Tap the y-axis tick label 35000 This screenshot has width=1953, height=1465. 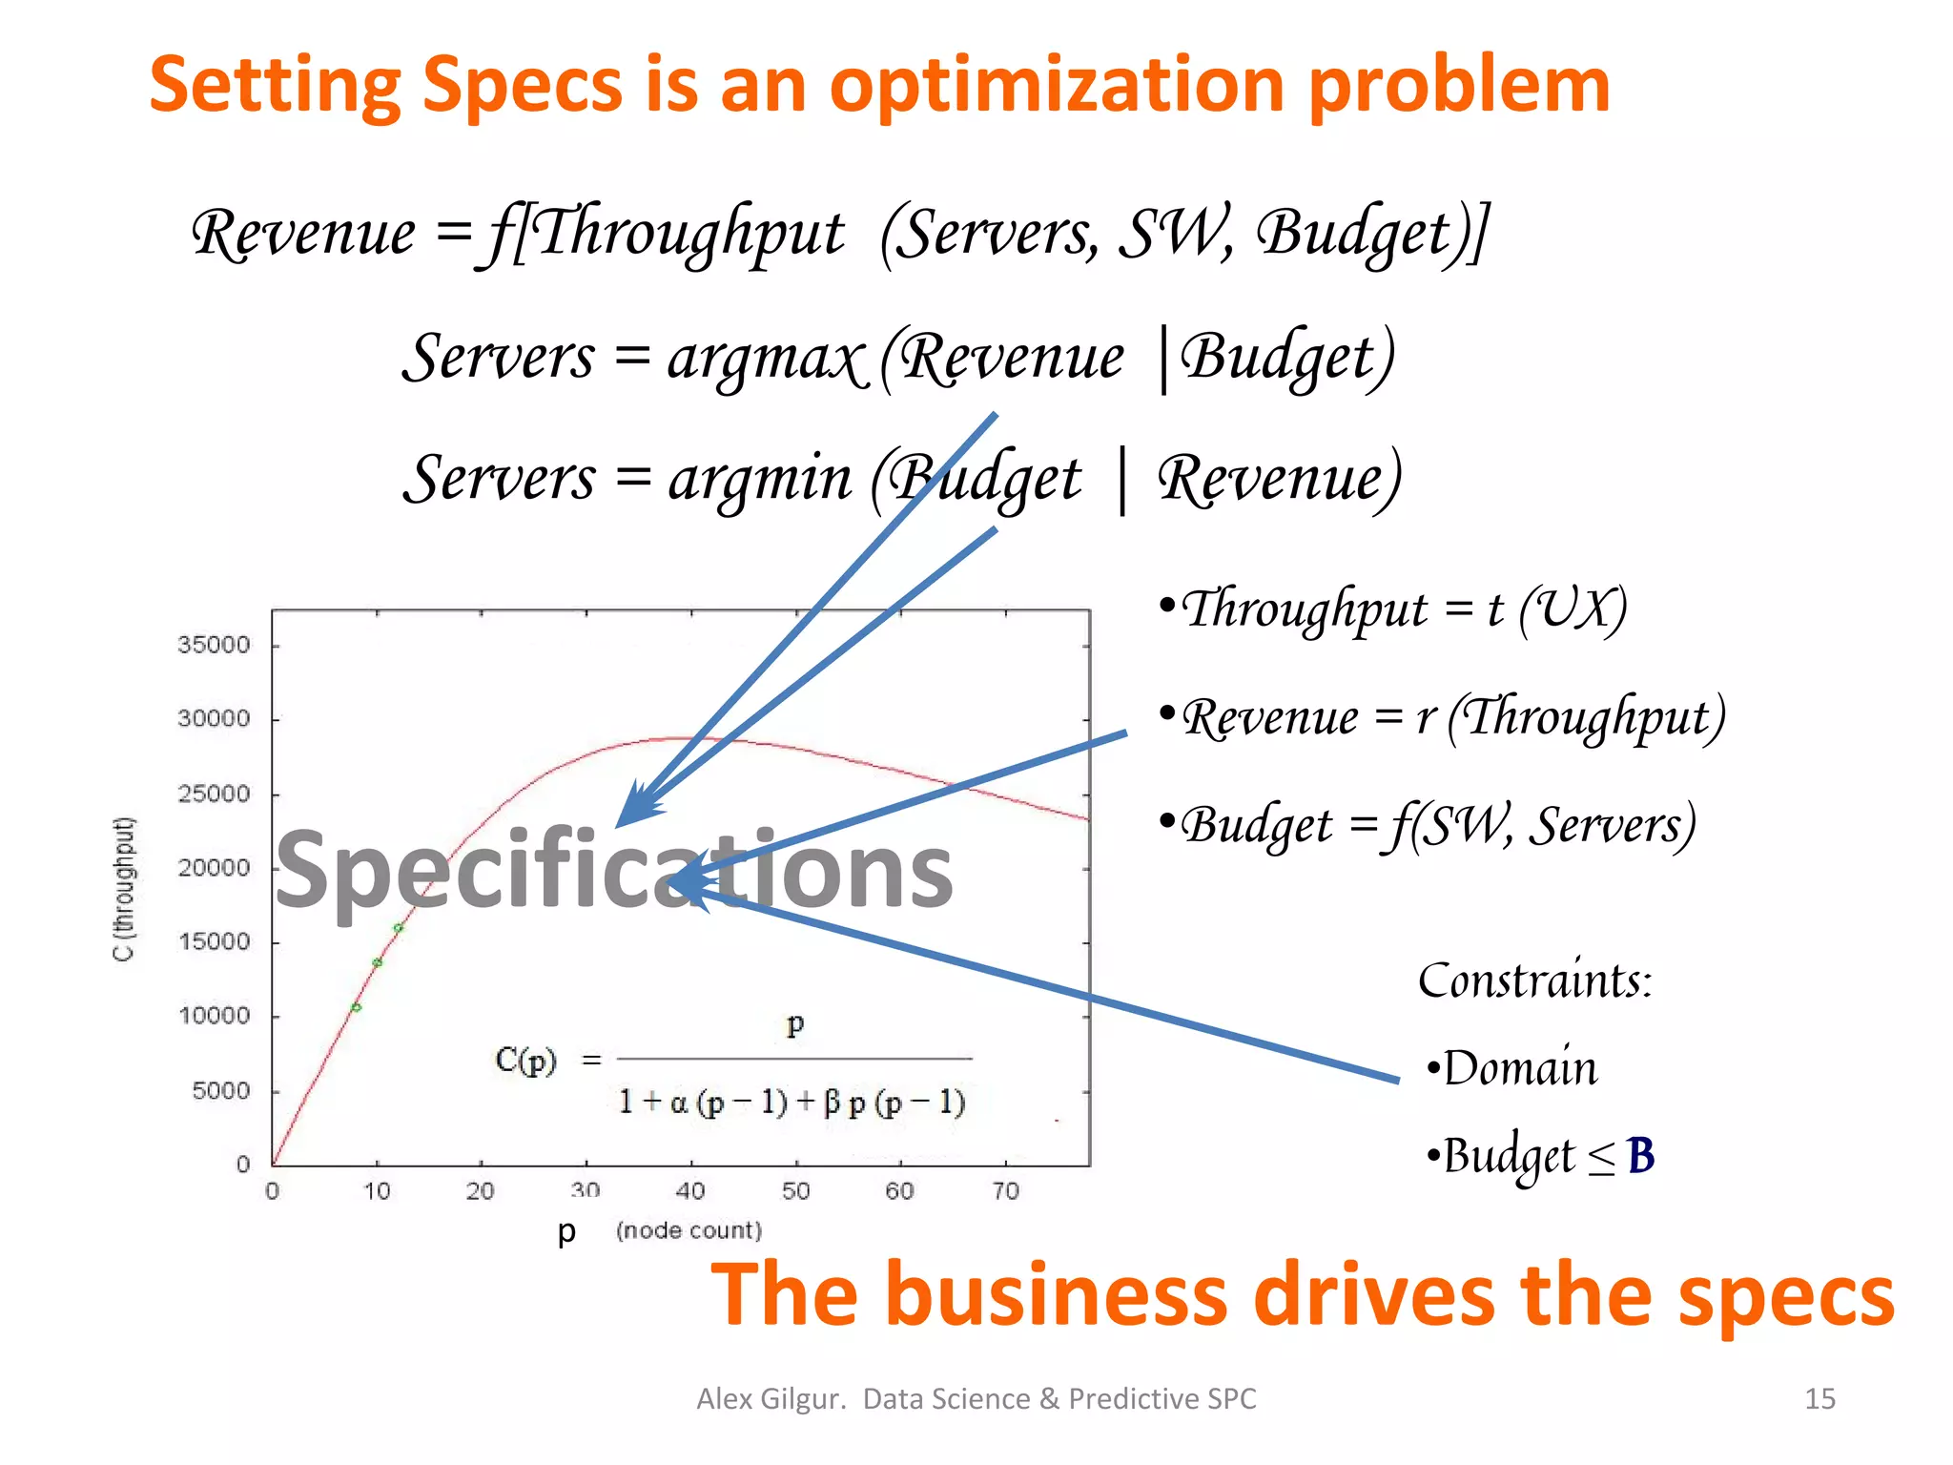pyautogui.click(x=214, y=646)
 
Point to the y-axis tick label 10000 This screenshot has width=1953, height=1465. pyautogui.click(x=214, y=1016)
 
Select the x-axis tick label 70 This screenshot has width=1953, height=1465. pyautogui.click(x=1005, y=1190)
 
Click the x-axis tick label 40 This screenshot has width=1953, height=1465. pyautogui.click(x=689, y=1190)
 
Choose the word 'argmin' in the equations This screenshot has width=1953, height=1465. pyautogui.click(x=759, y=479)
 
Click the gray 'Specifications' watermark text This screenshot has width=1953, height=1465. pyautogui.click(x=613, y=870)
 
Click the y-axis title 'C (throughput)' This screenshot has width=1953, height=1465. pyautogui.click(x=125, y=889)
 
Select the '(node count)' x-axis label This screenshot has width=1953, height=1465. pyautogui.click(x=689, y=1230)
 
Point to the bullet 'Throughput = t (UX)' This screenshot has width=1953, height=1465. pyautogui.click(x=1393, y=609)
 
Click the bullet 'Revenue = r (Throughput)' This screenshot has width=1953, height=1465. pyautogui.click(x=1442, y=717)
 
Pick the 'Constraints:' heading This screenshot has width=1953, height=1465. pyautogui.click(x=1534, y=980)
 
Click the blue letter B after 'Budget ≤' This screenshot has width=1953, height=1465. pyautogui.click(x=1640, y=1156)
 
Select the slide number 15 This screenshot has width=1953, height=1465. pyautogui.click(x=1819, y=1398)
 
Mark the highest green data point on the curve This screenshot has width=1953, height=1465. pyautogui.click(x=399, y=927)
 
